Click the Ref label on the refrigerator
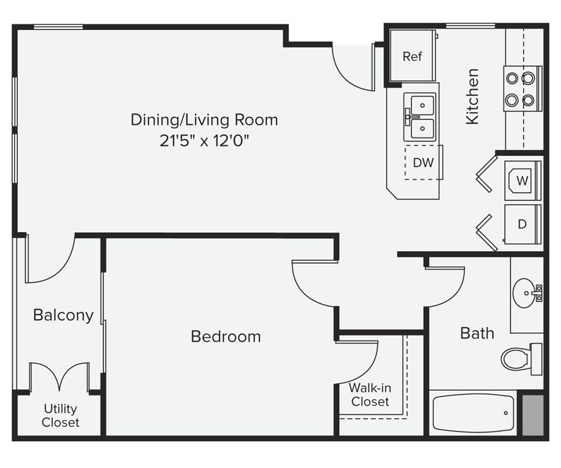412,56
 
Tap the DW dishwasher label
423,163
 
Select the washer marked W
523,180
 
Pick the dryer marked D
523,224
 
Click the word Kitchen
472,97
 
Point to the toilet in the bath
521,359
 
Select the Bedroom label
226,336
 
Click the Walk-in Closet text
370,395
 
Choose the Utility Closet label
60,416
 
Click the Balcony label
63,315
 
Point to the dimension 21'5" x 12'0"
204,141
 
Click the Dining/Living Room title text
204,119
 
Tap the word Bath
478,333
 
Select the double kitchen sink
420,117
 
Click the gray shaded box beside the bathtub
533,415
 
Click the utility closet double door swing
60,377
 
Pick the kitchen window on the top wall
470,26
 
